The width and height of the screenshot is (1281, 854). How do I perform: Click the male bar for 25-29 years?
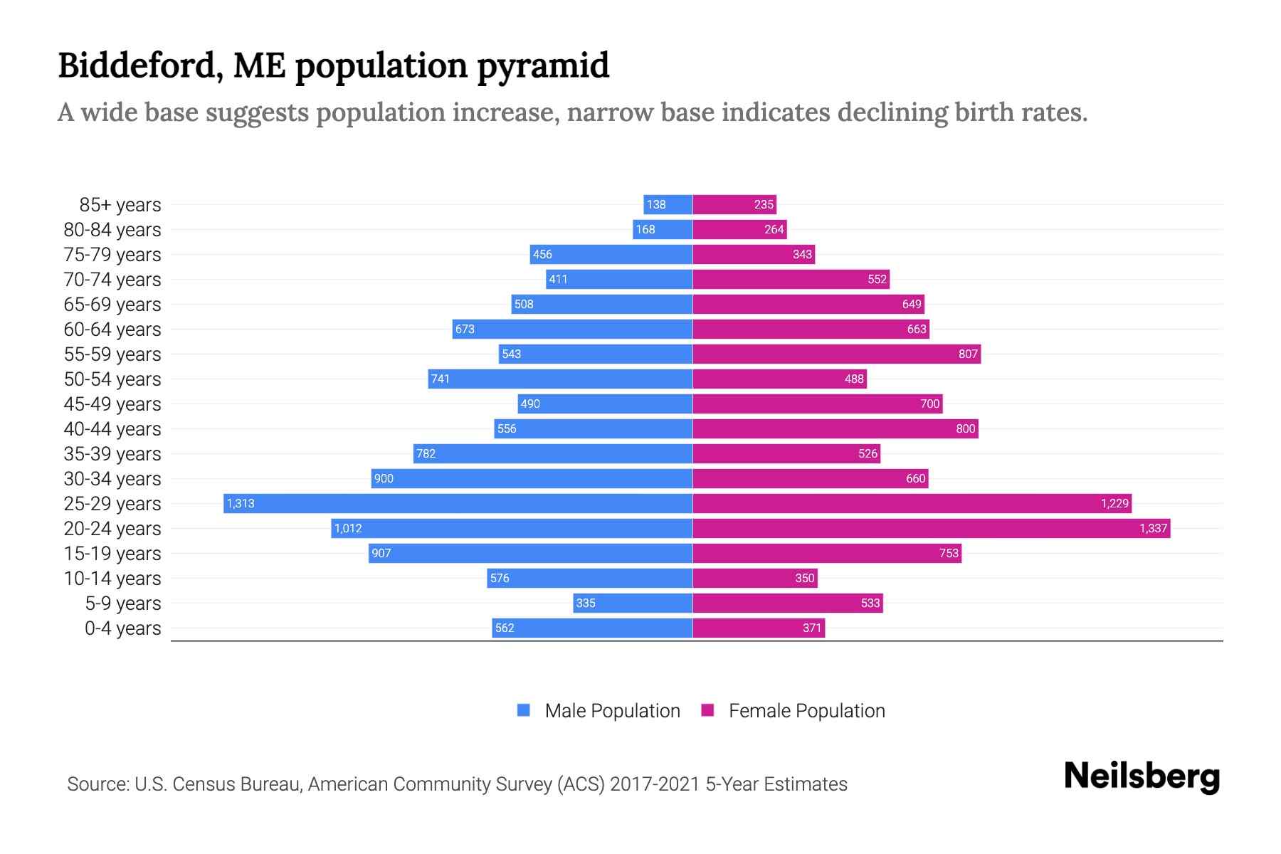(x=458, y=503)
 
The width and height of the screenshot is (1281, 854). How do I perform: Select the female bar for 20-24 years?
(x=931, y=528)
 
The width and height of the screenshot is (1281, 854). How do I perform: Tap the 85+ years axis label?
(x=120, y=205)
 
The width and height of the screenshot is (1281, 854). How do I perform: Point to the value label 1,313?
(x=241, y=504)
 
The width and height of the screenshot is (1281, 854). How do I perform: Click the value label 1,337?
(x=1153, y=528)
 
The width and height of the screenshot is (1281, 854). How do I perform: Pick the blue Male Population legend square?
(x=524, y=710)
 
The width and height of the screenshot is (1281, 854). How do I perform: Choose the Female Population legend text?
(x=806, y=711)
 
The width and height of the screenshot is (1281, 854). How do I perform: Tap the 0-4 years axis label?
(x=122, y=628)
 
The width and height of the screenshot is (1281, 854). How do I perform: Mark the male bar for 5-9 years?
(x=633, y=603)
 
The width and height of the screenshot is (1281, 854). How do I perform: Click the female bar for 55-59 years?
(x=836, y=354)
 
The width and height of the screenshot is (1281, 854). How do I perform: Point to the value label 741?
(x=441, y=379)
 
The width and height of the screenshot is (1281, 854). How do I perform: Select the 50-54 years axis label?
(x=112, y=379)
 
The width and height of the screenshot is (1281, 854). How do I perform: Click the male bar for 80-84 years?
(x=663, y=229)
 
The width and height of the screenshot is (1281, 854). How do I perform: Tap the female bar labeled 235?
(x=734, y=204)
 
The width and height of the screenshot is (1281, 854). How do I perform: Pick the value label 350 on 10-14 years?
(x=804, y=578)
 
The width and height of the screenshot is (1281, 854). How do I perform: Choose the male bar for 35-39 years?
(x=553, y=453)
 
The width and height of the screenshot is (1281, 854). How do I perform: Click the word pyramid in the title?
(x=542, y=65)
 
